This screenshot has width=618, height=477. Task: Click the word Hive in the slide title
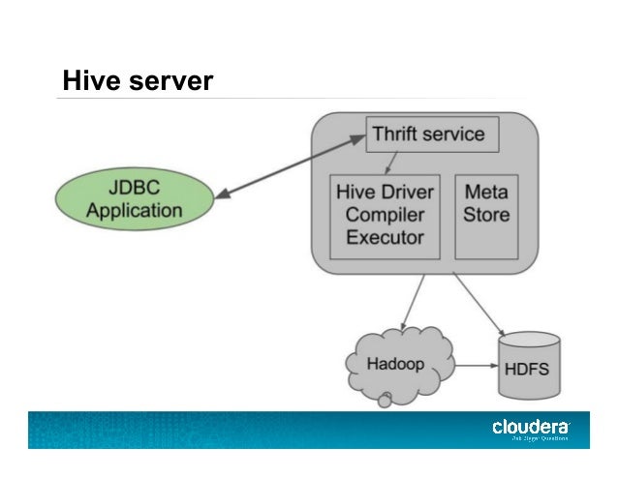[x=86, y=80]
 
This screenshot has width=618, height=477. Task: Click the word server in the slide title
[x=164, y=81]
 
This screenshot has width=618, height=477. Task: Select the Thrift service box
[x=432, y=134]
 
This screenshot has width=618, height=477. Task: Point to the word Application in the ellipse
[x=135, y=210]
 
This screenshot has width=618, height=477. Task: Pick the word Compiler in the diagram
[x=385, y=214]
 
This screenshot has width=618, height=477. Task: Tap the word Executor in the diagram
[x=385, y=237]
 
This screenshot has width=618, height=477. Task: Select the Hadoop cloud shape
[x=398, y=366]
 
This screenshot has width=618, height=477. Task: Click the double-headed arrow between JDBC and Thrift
[x=290, y=165]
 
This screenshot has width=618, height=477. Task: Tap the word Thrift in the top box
[x=397, y=134]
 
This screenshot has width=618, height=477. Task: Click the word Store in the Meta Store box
[x=486, y=215]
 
